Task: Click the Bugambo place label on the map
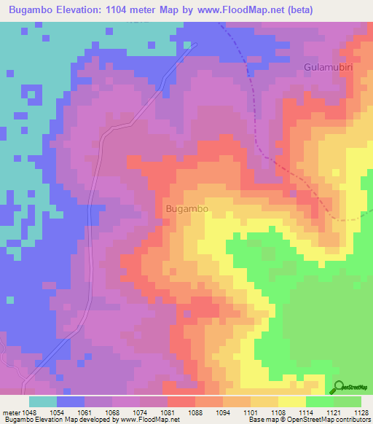click(187, 209)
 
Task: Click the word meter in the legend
click(10, 412)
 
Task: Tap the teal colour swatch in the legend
click(43, 401)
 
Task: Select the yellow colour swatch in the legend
click(292, 401)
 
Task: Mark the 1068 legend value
click(111, 412)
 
